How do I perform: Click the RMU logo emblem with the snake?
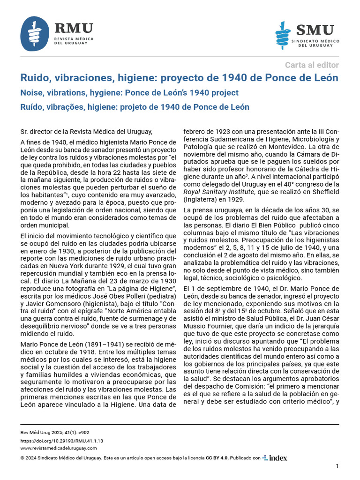click(x=35, y=34)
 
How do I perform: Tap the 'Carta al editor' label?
click(x=311, y=65)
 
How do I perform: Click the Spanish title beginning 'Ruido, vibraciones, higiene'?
click(x=179, y=78)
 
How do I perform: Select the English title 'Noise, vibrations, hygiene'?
click(x=129, y=93)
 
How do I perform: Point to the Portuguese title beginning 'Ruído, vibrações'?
click(x=135, y=107)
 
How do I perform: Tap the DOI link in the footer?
click(x=62, y=441)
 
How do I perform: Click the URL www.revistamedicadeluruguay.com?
click(x=59, y=449)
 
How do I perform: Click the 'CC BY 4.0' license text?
click(x=217, y=458)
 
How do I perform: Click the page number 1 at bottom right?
click(x=337, y=466)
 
